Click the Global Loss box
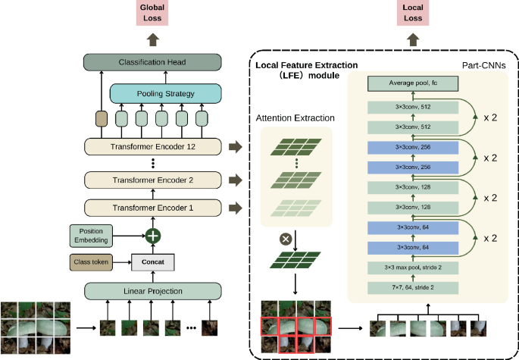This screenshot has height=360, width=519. (154, 13)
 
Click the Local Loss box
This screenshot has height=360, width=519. (414, 13)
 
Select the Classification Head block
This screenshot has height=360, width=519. (154, 62)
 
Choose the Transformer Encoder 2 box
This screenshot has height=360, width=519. (153, 180)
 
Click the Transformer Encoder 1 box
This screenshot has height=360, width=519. (153, 207)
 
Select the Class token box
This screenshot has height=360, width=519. (93, 262)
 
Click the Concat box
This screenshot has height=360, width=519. (153, 262)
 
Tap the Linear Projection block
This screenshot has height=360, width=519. (153, 290)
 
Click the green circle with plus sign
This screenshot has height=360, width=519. (153, 236)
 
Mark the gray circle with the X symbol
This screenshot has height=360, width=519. (286, 239)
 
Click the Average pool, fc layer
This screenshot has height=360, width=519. (414, 83)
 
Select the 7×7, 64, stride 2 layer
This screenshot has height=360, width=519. (414, 286)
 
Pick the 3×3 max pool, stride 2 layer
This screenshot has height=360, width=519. (414, 268)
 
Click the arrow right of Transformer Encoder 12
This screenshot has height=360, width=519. (235, 147)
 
